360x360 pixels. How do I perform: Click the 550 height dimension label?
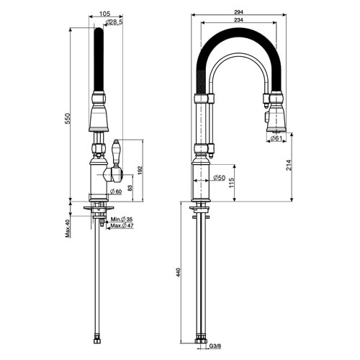[x=68, y=119]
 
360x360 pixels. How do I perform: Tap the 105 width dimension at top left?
[x=104, y=14]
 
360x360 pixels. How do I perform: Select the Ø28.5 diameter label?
[x=114, y=22]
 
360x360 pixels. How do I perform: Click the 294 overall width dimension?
[x=238, y=12]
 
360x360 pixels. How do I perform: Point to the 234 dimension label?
[x=238, y=20]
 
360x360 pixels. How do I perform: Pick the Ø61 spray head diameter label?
[x=276, y=138]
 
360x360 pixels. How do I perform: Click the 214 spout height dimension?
[x=290, y=165]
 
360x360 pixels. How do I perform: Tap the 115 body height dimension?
[x=232, y=183]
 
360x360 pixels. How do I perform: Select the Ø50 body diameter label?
[x=219, y=178]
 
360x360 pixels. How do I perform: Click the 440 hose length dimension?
[x=179, y=272]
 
